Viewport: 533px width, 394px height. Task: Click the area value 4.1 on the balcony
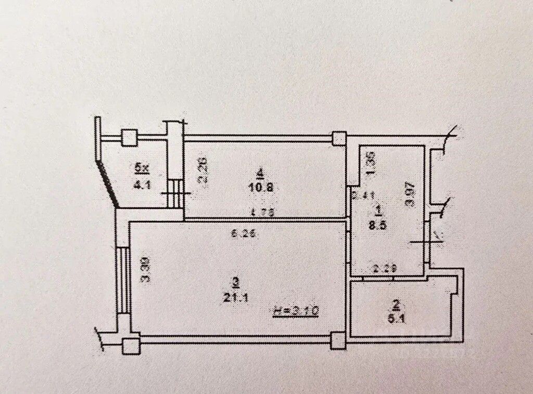point(140,183)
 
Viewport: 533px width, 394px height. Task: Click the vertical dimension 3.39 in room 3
point(145,271)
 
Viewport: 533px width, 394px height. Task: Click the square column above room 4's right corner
point(339,138)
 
